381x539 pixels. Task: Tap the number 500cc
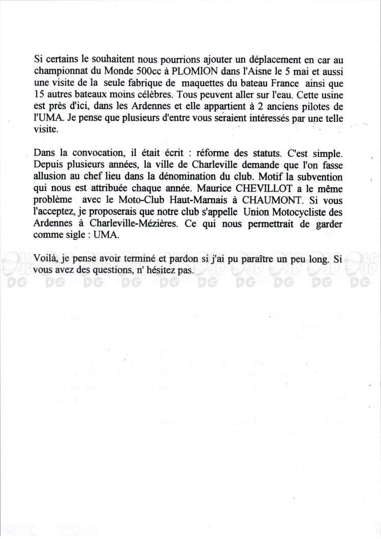[x=146, y=72]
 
